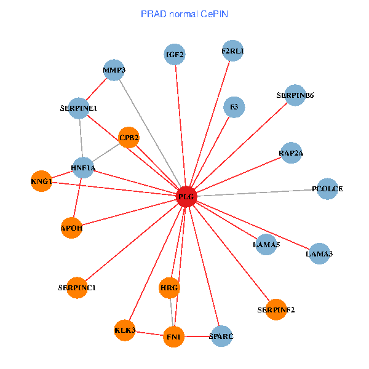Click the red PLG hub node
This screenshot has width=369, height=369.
coord(186,197)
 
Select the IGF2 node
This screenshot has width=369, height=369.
coord(175,55)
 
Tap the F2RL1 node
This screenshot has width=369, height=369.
coord(232,51)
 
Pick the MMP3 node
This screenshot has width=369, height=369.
coord(114,70)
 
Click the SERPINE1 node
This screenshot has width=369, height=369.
coord(79,108)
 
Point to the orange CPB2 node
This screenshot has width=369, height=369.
coord(129,137)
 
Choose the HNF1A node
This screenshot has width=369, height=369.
coord(83,167)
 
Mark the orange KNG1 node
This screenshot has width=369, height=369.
coord(41,181)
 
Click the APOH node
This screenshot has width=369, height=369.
coord(71,228)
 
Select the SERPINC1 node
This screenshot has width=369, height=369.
coord(77,287)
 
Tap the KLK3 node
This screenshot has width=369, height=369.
coord(124,331)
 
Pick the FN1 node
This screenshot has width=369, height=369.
coord(173,336)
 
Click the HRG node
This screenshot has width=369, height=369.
coord(169,287)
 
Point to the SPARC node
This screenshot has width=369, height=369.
coord(221,336)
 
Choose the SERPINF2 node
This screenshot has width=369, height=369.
coord(276,309)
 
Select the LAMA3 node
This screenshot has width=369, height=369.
coord(319,253)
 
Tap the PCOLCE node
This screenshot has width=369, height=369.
coord(328,189)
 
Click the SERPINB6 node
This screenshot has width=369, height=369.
coord(295,95)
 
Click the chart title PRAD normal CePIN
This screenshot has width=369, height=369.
coord(184,14)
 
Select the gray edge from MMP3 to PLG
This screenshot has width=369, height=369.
coord(150,133)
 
